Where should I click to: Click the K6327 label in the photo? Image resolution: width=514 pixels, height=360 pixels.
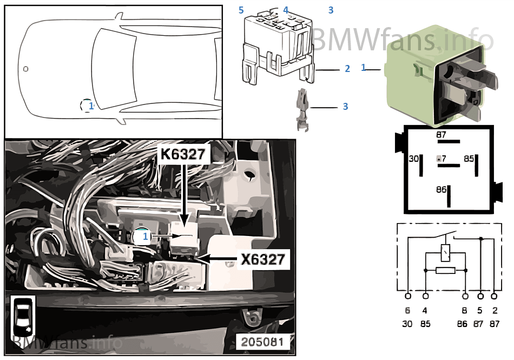point(182,154)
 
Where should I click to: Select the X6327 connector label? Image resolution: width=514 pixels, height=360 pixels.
point(262,260)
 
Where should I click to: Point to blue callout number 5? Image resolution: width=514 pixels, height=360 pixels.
point(241,10)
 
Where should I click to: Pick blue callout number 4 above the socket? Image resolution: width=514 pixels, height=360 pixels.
point(286,10)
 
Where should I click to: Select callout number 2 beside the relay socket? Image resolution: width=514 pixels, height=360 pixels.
point(347,69)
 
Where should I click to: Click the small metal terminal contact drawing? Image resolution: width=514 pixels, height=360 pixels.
point(302,110)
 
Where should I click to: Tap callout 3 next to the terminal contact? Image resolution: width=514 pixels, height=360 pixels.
point(345,107)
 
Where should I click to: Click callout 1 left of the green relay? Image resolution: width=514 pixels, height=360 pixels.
point(364,68)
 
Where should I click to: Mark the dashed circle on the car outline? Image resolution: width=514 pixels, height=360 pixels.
point(87,106)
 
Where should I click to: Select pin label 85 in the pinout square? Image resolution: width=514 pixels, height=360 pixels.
point(469,159)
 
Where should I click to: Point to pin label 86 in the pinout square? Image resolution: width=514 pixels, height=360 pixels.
point(441,190)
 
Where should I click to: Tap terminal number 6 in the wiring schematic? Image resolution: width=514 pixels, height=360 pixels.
point(407,311)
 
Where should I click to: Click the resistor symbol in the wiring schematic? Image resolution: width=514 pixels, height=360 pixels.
point(446,270)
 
